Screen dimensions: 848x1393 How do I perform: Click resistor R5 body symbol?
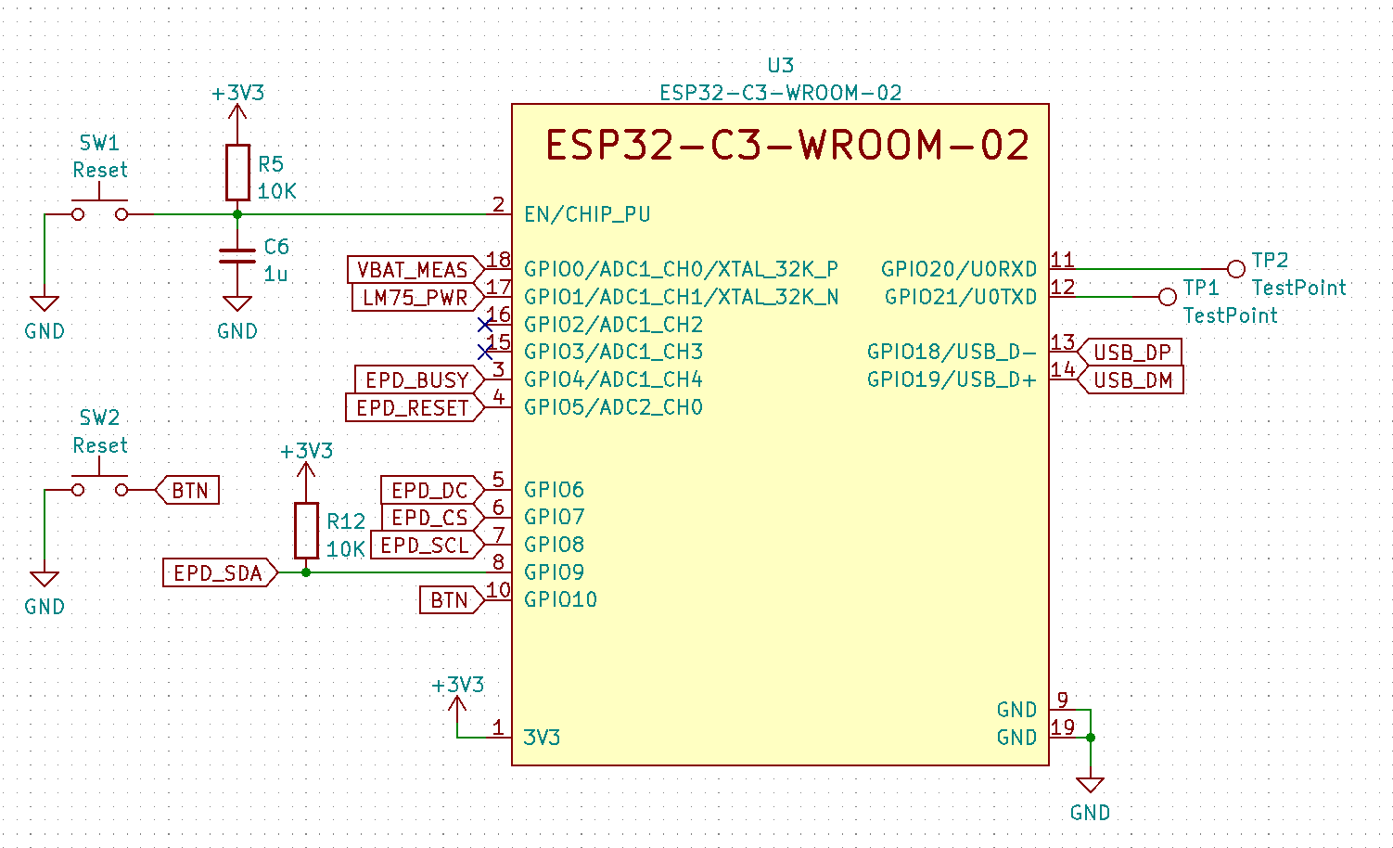pos(237,173)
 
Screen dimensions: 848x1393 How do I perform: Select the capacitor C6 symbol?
pos(237,255)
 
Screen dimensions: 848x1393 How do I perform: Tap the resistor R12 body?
pos(306,531)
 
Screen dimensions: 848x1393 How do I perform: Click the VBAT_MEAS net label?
pos(413,270)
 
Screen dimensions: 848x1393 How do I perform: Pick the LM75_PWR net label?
pos(415,298)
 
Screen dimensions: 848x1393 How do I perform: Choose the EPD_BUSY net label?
pos(416,379)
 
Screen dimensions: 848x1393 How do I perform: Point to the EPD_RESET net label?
pos(413,407)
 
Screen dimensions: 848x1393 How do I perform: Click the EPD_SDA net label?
pos(218,573)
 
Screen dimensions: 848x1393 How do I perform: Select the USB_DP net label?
pos(1132,353)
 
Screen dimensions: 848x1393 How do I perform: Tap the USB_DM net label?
pos(1132,380)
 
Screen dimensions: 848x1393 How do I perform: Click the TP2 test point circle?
pos(1235,269)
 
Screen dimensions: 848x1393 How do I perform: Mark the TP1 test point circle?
pos(1168,297)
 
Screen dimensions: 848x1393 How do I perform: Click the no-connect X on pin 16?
pos(485,325)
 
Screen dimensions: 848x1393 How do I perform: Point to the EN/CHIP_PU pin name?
pos(587,214)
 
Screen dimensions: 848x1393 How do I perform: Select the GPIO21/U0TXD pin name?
pos(961,297)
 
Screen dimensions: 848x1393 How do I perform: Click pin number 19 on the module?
pos(1063,727)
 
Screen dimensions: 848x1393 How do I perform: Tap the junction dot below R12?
pos(306,572)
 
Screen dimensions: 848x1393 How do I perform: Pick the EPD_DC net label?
pos(429,490)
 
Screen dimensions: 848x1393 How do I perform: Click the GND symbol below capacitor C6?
pos(237,303)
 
